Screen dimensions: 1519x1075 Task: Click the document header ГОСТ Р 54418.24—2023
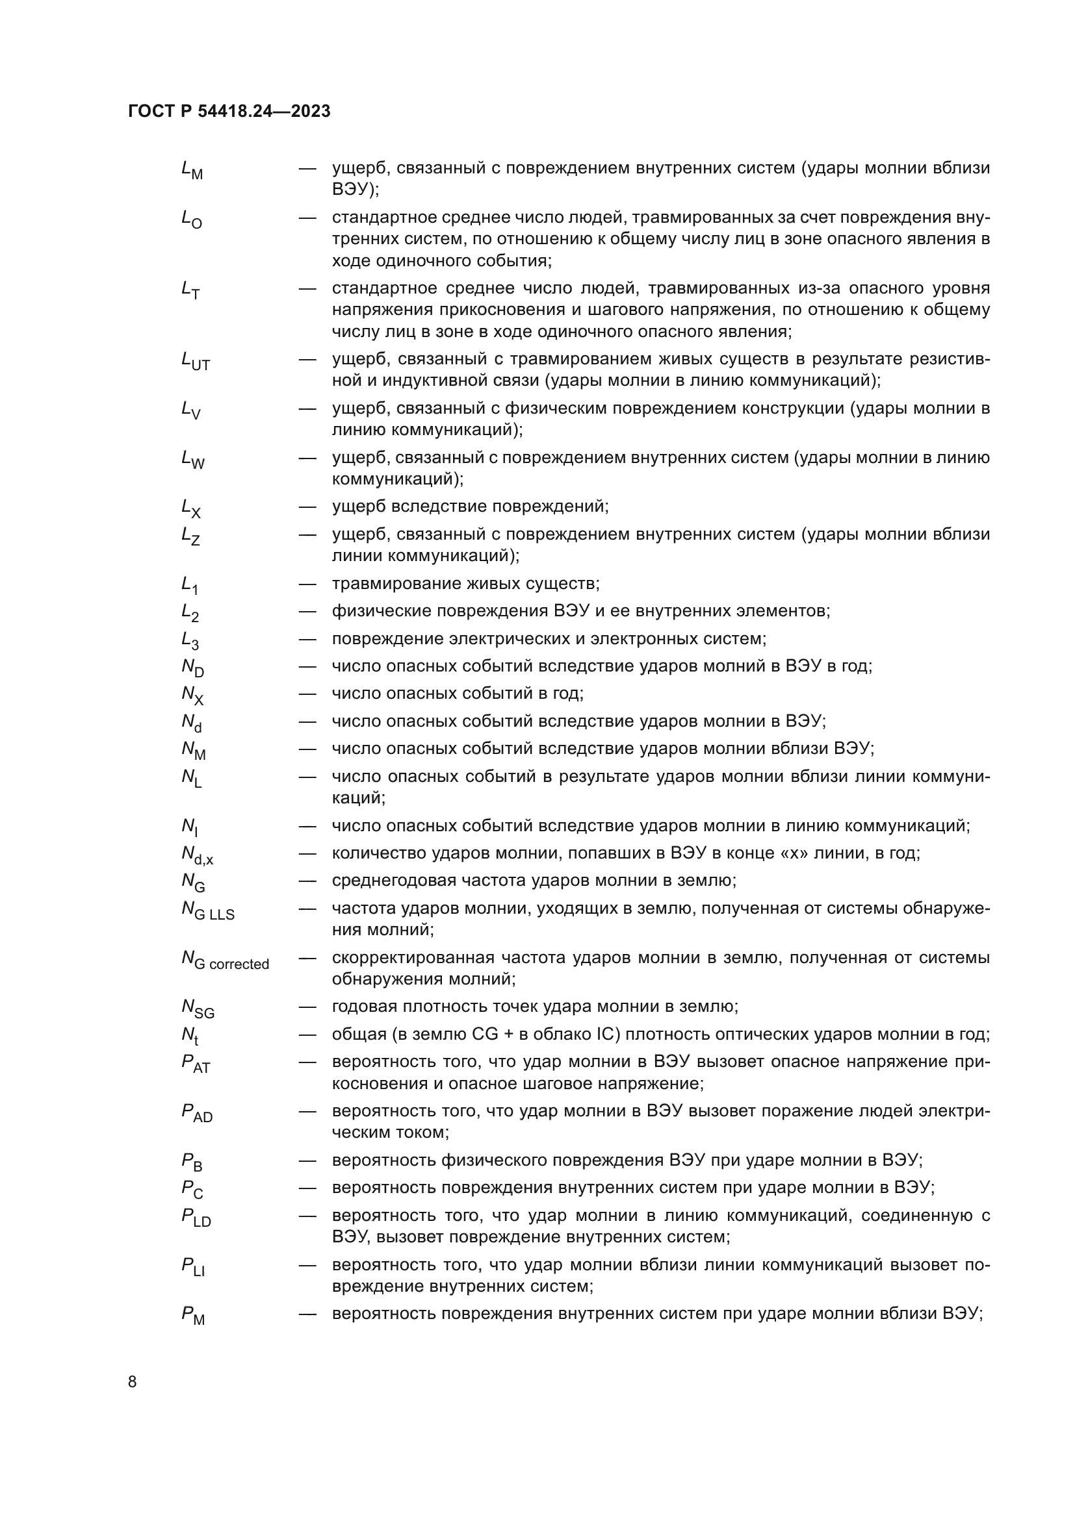[229, 112]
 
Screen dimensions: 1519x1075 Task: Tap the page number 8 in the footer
[133, 1382]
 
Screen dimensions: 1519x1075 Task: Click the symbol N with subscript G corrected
[225, 960]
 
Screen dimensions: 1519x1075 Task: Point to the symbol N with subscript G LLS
[208, 911]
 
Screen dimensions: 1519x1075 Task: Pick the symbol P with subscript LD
[196, 1218]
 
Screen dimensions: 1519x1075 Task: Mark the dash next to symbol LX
[307, 507]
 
